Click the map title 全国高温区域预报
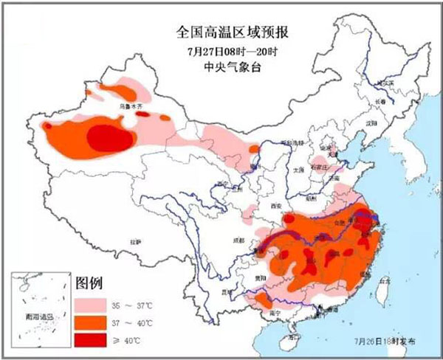click(222, 33)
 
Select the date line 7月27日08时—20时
click(222, 51)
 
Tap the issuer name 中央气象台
click(222, 68)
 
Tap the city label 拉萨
click(135, 241)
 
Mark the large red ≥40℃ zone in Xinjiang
click(111, 137)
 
